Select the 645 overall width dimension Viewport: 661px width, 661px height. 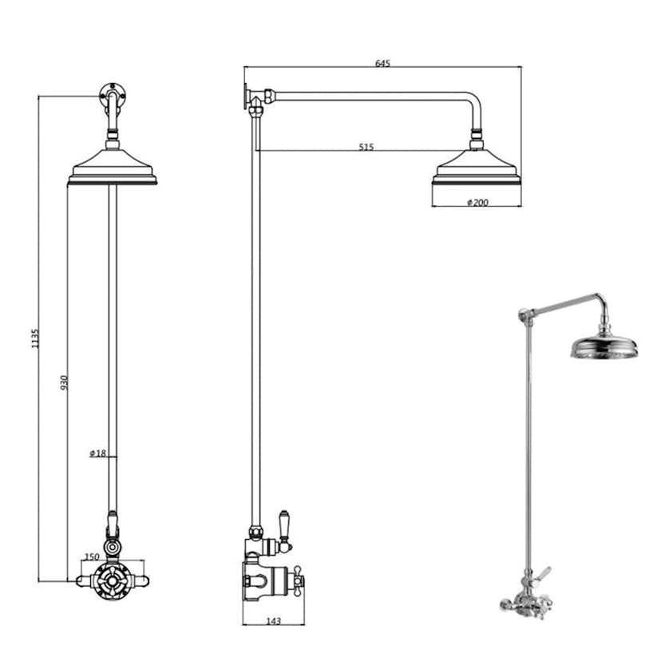click(383, 64)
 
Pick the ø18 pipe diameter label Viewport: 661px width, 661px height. click(98, 454)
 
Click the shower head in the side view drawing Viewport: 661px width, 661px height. click(477, 169)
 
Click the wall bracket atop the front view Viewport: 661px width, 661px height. click(113, 95)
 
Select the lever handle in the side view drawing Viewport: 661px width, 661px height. click(284, 523)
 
